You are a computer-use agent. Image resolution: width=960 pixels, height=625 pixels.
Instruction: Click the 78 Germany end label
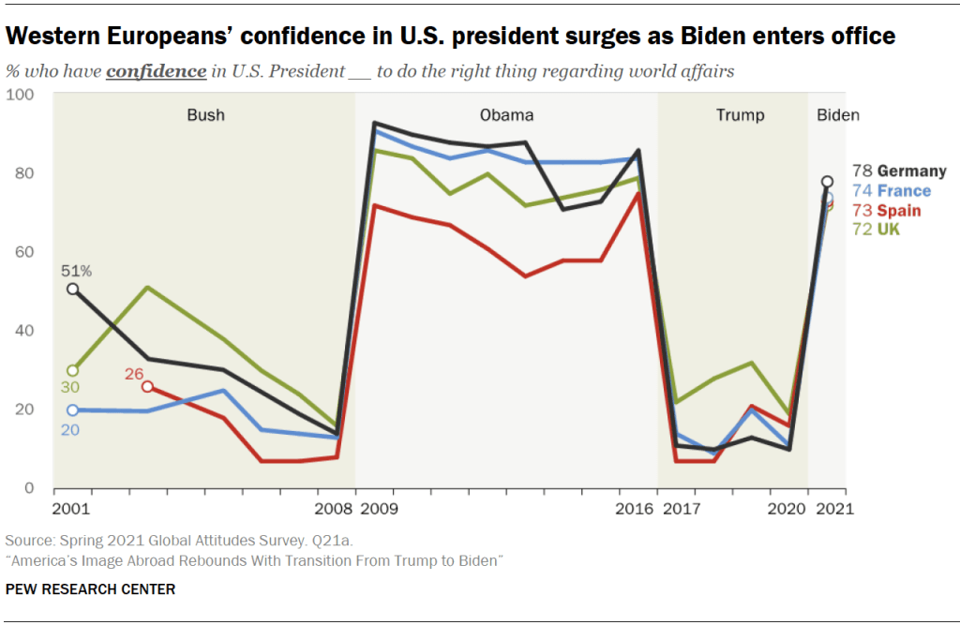[898, 171]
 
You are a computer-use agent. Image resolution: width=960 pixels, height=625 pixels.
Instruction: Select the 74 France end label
[892, 191]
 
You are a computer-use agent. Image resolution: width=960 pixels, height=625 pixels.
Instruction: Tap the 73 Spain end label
[886, 211]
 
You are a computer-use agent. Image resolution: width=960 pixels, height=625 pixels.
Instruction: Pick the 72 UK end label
[876, 230]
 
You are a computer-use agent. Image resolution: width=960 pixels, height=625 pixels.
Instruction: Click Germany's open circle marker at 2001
[73, 290]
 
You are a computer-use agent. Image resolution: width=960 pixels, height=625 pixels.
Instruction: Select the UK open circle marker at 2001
[73, 371]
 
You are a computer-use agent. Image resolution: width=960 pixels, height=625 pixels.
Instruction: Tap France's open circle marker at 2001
[73, 410]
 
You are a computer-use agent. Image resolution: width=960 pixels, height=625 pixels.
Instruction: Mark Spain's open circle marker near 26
[147, 387]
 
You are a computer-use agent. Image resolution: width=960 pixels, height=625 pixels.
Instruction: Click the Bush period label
[205, 115]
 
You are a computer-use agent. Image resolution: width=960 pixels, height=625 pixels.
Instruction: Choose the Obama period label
[506, 115]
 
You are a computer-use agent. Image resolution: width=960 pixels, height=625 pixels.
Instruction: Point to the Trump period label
[740, 115]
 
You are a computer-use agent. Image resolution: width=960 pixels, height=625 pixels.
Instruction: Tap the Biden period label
[837, 115]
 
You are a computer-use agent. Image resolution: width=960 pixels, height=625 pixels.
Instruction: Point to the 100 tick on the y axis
[21, 95]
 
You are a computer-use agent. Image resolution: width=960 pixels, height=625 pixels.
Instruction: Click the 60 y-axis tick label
[24, 252]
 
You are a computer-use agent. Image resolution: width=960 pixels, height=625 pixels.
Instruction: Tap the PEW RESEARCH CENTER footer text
[90, 589]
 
